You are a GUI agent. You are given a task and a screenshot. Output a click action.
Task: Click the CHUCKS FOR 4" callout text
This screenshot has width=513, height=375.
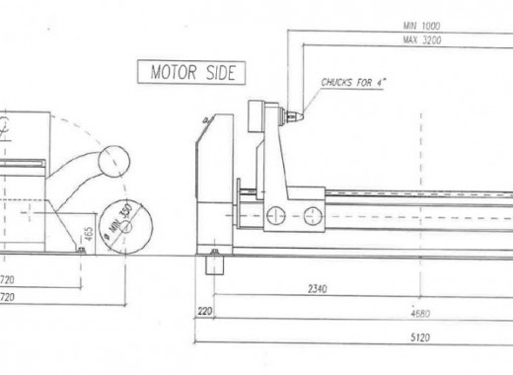pos(351,84)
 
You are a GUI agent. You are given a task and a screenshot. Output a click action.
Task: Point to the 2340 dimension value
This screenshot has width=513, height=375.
pos(317,289)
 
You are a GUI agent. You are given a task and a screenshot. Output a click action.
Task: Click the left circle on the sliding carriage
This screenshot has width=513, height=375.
pos(275,214)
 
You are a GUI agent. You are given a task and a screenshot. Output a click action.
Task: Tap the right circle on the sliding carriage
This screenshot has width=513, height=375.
pos(313,214)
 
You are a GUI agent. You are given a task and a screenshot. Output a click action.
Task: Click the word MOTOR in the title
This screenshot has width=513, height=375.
pos(171,72)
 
